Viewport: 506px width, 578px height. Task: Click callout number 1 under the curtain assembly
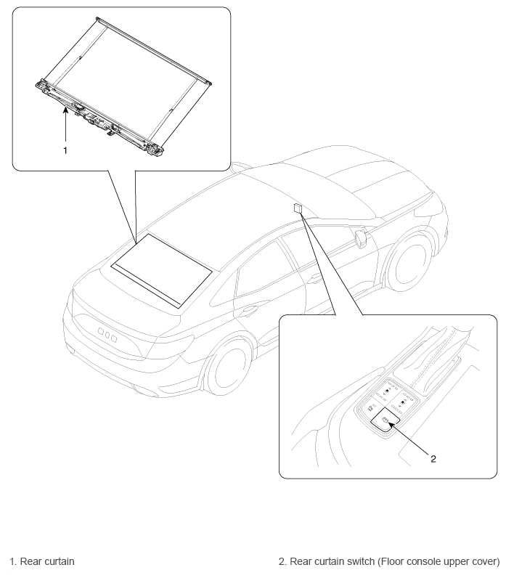65,150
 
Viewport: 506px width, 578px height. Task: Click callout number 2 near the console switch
433,459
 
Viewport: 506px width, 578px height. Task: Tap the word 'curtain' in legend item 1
58,561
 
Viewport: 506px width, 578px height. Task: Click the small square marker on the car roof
298,208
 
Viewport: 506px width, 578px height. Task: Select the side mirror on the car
359,237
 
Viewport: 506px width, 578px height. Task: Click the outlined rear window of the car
162,270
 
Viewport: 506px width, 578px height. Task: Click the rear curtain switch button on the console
385,421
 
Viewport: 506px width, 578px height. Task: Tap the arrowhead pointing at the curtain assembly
65,109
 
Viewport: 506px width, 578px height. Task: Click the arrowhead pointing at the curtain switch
391,426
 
